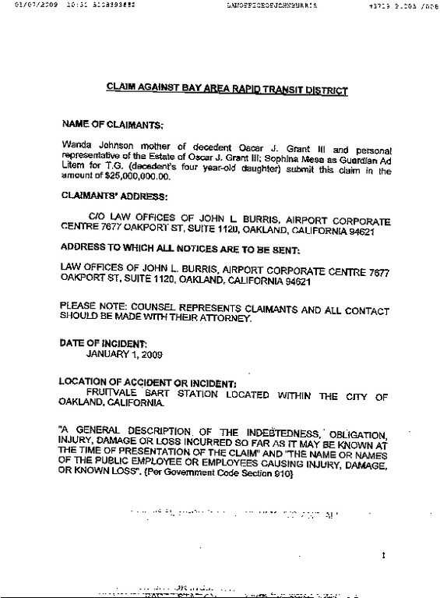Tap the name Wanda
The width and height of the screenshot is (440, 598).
tap(76, 145)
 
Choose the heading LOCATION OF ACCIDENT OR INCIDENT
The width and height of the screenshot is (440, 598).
tap(147, 383)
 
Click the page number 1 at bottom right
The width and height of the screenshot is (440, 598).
tap(383, 556)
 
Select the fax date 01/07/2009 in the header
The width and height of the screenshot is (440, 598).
tap(30, 5)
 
